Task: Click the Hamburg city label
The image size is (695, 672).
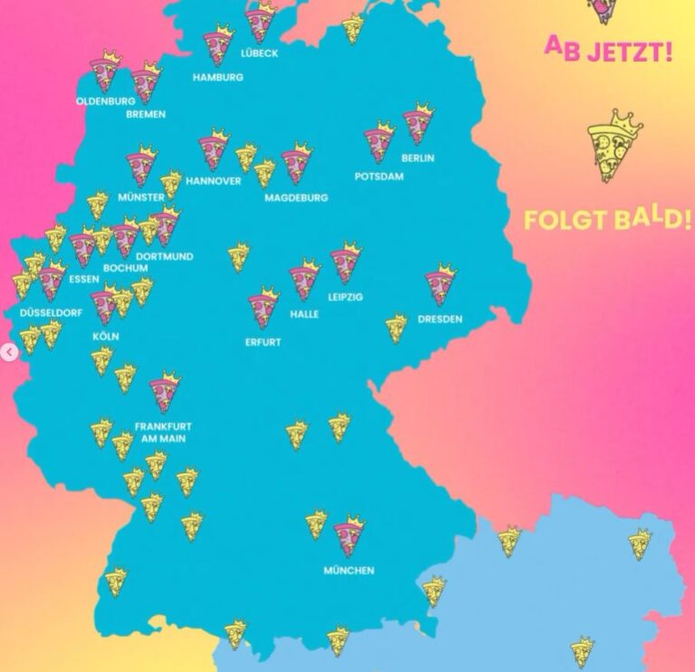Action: pos(217,78)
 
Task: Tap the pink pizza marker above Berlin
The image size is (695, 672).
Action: pos(417,124)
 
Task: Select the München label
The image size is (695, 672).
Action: pos(348,571)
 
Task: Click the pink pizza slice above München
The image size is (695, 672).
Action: pos(348,537)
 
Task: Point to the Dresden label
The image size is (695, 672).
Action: pos(440,319)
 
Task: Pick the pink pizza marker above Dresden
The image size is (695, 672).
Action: pos(441,284)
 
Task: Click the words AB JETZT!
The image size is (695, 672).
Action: pos(608,49)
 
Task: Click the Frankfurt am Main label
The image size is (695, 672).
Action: pos(163,431)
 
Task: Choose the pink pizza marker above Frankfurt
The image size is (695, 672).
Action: pos(165,392)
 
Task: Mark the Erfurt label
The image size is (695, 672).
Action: pos(262,342)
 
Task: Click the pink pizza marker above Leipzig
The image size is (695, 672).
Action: pos(345,264)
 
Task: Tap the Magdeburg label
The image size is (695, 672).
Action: pos(296,197)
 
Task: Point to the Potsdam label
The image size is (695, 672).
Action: pos(378,177)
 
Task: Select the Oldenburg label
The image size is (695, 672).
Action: pos(106,101)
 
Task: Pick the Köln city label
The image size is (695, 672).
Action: pos(105,336)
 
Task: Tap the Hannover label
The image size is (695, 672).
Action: pos(214,180)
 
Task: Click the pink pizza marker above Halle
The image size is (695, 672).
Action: pos(304,281)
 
